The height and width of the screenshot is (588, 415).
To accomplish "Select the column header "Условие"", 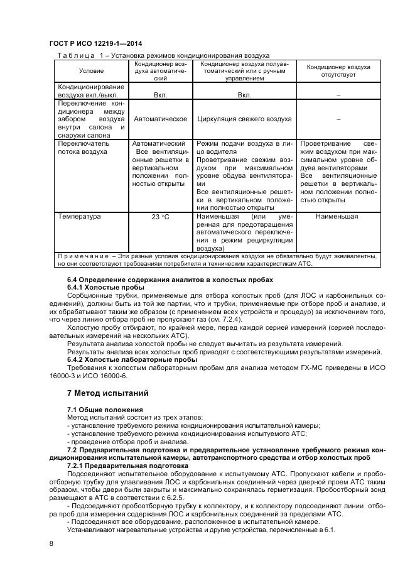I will (91, 70).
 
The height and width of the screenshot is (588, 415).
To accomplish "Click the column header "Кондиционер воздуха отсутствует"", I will (338, 70).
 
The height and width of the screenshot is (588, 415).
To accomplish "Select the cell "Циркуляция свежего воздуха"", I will (244, 118).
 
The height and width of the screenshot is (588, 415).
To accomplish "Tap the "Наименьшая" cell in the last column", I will (337, 217).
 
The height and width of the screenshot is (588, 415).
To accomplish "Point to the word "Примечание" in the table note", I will (82, 256).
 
